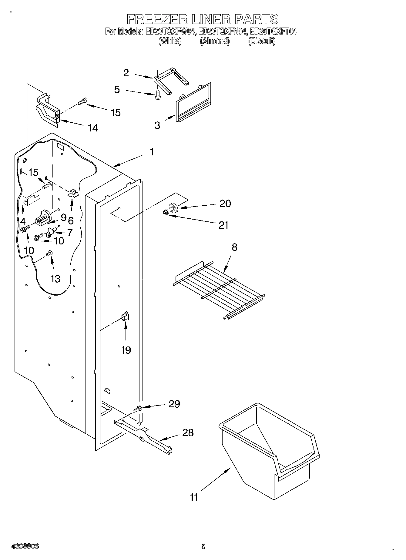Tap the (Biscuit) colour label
[x=262, y=41]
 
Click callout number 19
[x=126, y=350]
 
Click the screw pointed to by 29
[x=137, y=409]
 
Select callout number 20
[x=225, y=204]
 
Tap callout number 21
[x=223, y=225]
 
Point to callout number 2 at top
[x=126, y=73]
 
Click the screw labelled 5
[x=157, y=95]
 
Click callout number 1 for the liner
[x=152, y=152]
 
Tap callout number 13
[x=55, y=279]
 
